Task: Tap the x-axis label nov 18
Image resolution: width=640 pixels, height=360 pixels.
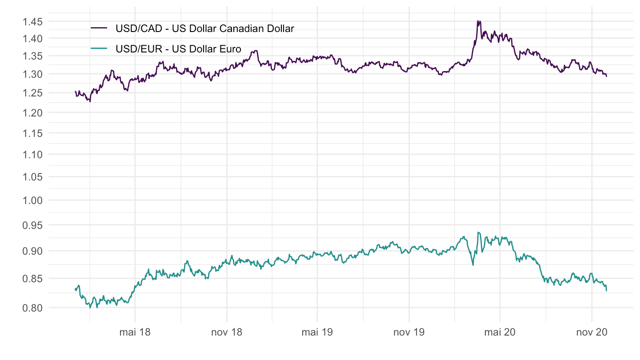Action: tap(227, 332)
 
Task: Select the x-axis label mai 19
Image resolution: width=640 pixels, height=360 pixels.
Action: tap(317, 332)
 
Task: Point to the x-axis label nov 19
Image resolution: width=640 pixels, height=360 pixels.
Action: tap(409, 332)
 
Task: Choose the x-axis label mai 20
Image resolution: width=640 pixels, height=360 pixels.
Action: tap(500, 332)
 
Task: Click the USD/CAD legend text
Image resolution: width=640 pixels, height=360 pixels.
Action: tap(205, 29)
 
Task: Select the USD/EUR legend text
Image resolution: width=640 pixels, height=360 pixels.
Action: tap(178, 49)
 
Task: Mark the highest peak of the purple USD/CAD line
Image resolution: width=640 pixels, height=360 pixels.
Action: tap(478, 21)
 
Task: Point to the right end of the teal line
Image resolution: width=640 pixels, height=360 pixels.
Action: tap(606, 291)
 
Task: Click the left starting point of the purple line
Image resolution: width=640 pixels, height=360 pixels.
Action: tap(75, 92)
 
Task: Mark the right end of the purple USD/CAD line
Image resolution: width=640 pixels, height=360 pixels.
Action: tap(606, 76)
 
